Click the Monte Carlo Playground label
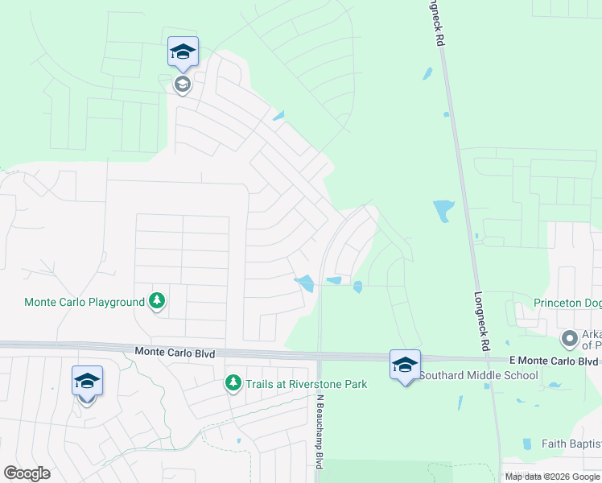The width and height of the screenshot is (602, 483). click(x=84, y=303)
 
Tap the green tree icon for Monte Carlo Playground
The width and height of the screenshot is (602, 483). click(x=157, y=302)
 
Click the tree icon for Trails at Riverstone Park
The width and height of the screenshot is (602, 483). click(x=233, y=382)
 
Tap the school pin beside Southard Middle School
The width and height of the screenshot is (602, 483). click(x=405, y=364)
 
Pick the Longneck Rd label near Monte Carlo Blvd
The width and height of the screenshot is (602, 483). click(x=482, y=321)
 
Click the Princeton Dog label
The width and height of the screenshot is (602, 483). click(x=567, y=303)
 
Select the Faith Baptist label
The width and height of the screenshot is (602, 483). click(x=571, y=444)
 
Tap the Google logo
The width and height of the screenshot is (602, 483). click(x=27, y=473)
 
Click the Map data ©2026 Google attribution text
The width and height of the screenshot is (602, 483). click(x=553, y=477)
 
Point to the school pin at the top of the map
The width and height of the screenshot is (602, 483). click(x=183, y=52)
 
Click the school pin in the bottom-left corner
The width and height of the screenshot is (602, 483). click(x=87, y=381)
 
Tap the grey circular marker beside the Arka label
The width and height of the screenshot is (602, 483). click(x=570, y=338)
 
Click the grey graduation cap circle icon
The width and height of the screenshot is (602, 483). click(x=183, y=83)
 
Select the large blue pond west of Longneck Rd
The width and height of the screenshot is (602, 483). click(x=443, y=211)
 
